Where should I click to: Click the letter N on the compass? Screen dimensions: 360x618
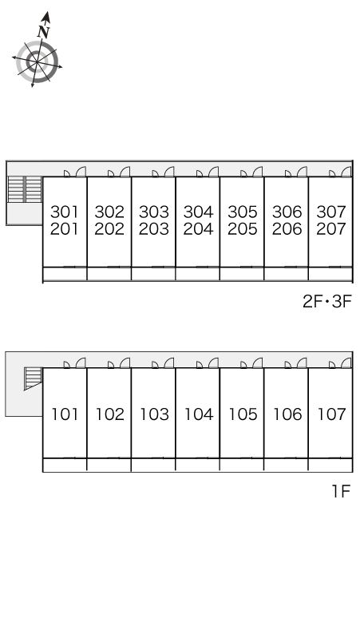[44, 31]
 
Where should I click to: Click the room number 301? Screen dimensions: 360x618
[65, 212]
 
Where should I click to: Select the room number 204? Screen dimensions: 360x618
[198, 228]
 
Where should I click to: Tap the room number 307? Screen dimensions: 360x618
[330, 212]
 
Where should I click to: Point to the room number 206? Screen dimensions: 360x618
[287, 228]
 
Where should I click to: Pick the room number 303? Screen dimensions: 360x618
[153, 212]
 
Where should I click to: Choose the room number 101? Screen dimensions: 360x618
[65, 414]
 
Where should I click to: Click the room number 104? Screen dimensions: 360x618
[199, 414]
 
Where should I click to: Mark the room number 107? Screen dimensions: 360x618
[331, 414]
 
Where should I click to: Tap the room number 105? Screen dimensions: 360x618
[243, 414]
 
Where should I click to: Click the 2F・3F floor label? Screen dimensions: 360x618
[326, 302]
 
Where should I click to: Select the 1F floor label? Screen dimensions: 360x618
[341, 491]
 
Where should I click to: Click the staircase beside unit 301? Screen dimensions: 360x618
[25, 189]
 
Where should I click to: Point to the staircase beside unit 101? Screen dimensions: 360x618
[33, 378]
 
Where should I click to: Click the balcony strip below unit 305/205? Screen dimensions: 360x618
[242, 274]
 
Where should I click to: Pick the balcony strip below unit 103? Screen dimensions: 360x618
[153, 465]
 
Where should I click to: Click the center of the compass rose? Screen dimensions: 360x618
[37, 61]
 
